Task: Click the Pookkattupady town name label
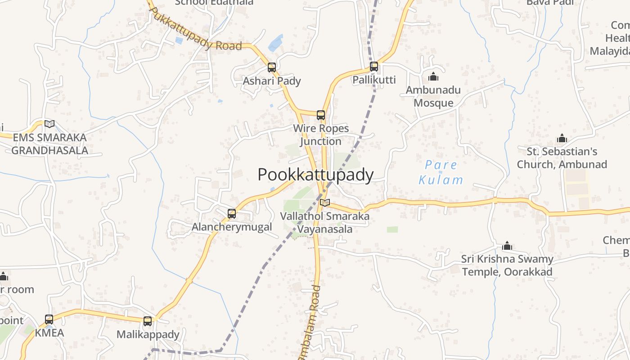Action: [315, 175]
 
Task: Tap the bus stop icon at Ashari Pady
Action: [272, 67]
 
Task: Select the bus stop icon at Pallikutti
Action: [374, 67]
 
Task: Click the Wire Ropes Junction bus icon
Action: [321, 115]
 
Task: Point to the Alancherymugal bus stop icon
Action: [232, 214]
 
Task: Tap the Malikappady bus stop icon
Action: [148, 321]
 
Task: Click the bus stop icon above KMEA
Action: [49, 319]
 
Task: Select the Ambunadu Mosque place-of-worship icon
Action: [433, 77]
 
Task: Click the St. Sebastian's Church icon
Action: [562, 138]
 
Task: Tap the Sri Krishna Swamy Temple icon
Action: [507, 246]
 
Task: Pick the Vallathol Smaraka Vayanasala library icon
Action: [325, 203]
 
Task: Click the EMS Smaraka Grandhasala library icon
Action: [49, 124]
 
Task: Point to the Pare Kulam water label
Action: [441, 172]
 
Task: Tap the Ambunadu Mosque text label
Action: [433, 96]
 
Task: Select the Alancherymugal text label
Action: [232, 227]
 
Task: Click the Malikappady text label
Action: [148, 334]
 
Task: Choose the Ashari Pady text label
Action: [272, 81]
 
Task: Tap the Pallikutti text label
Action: [374, 80]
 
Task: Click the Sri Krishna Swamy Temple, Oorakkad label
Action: [507, 265]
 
